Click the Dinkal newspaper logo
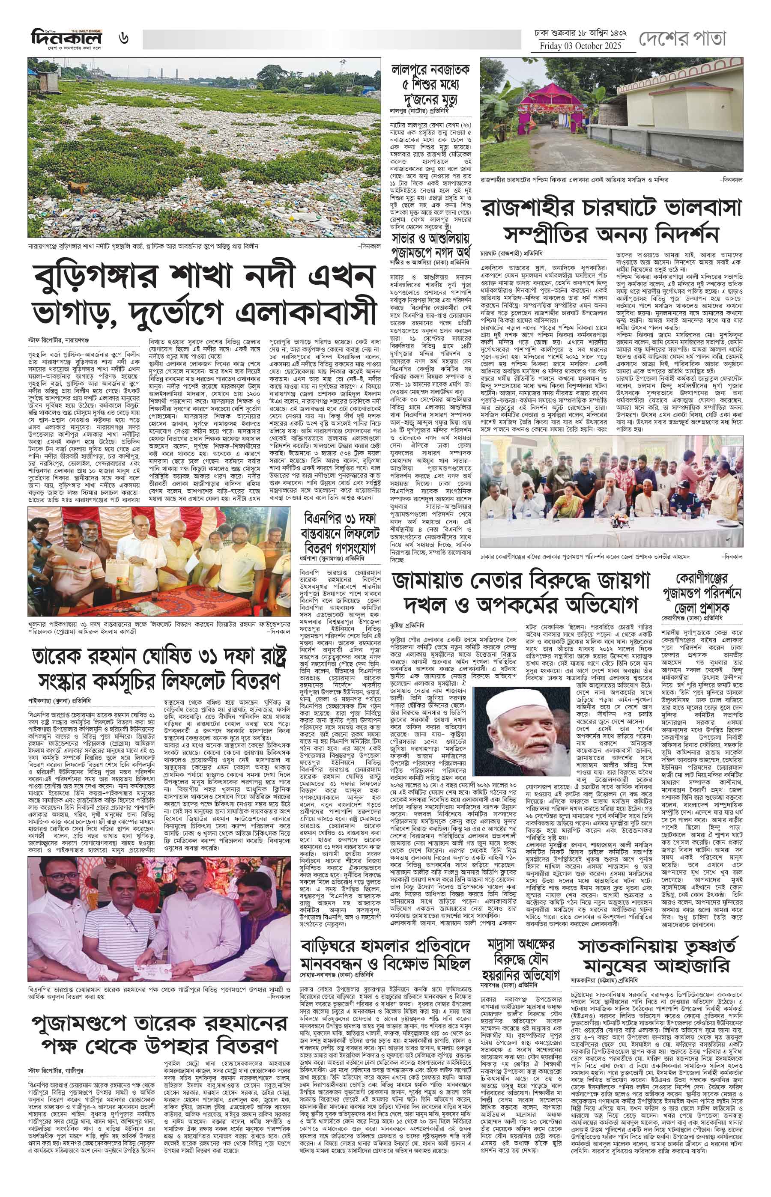66,39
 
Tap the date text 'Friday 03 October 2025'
580,46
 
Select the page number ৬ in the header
124,39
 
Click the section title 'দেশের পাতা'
682,38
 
